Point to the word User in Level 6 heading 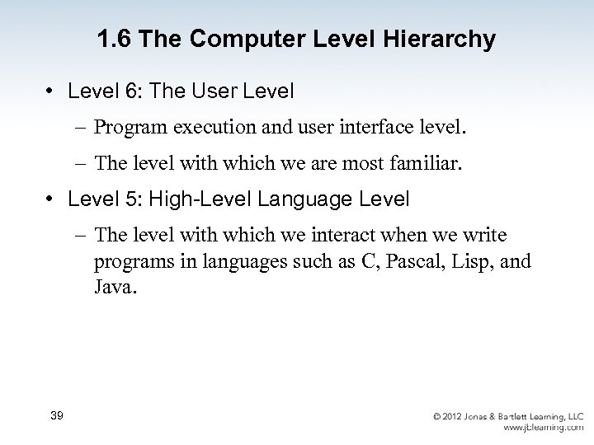pyautogui.click(x=216, y=91)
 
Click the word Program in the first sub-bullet pyautogui.click(x=128, y=129)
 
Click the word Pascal pyautogui.click(x=400, y=262)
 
